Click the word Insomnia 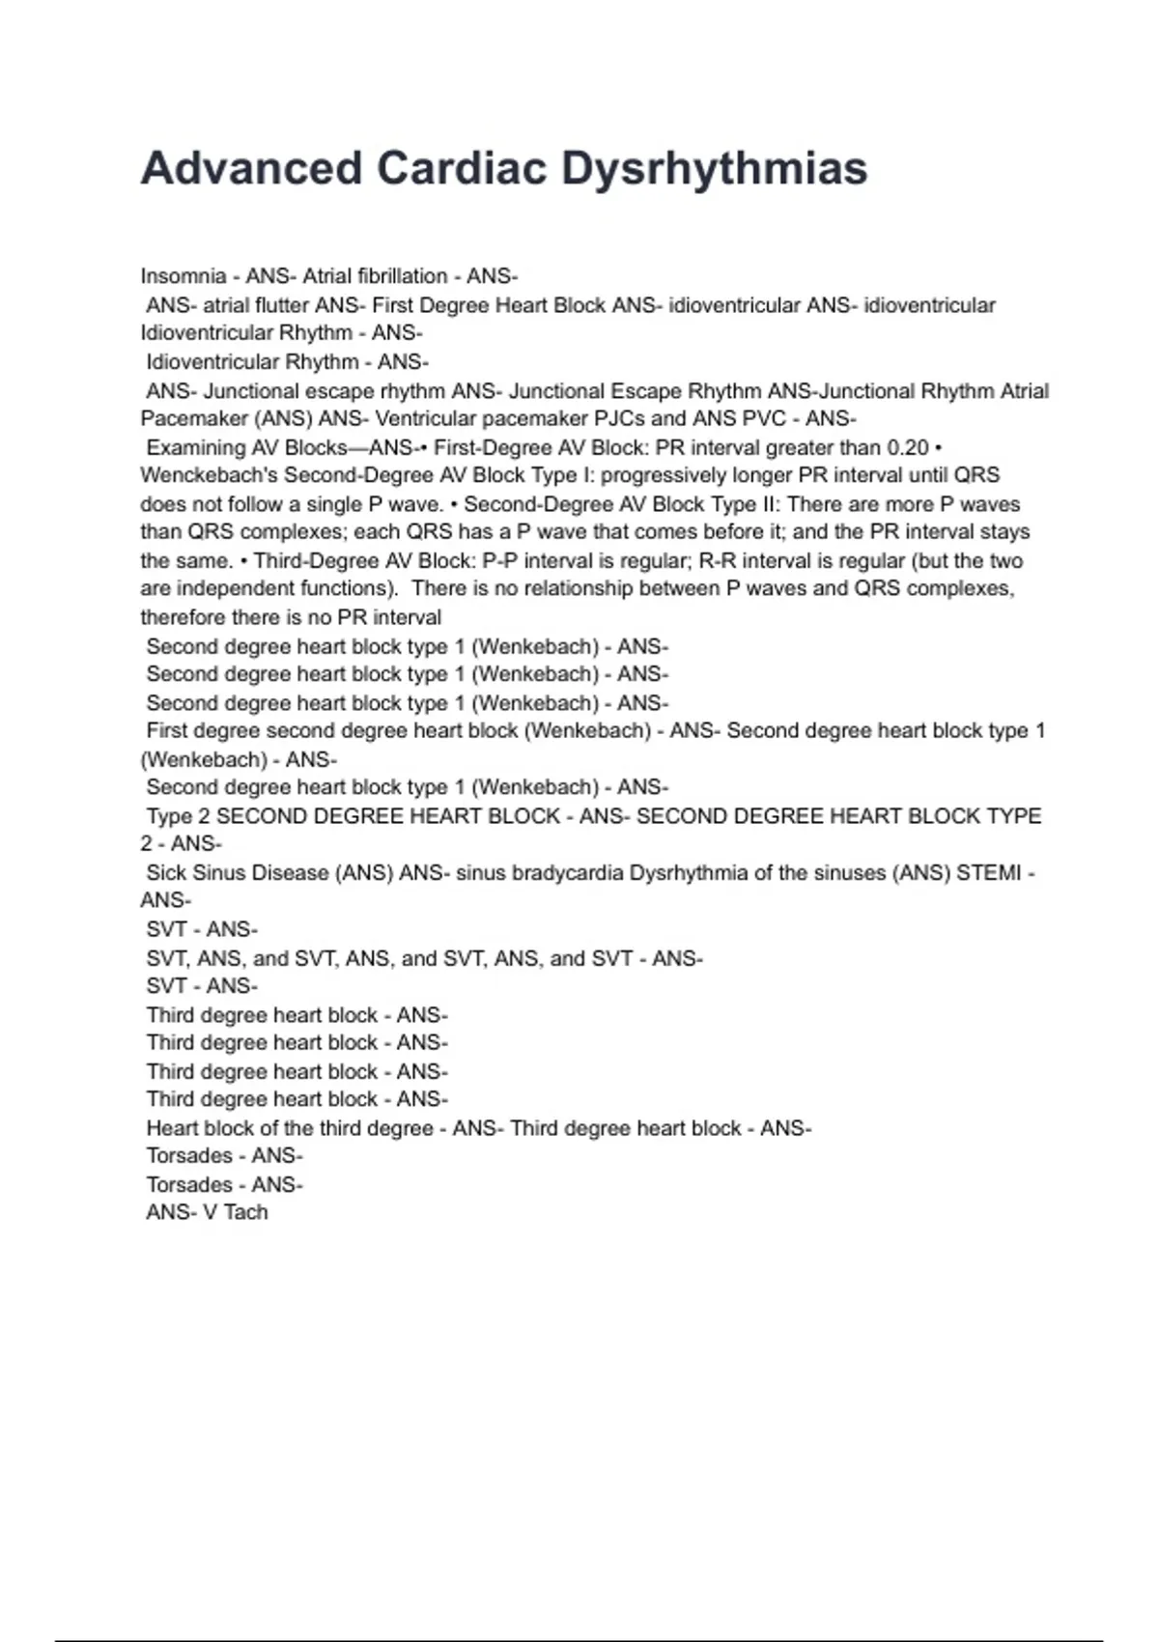point(184,276)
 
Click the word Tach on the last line point(245,1213)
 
